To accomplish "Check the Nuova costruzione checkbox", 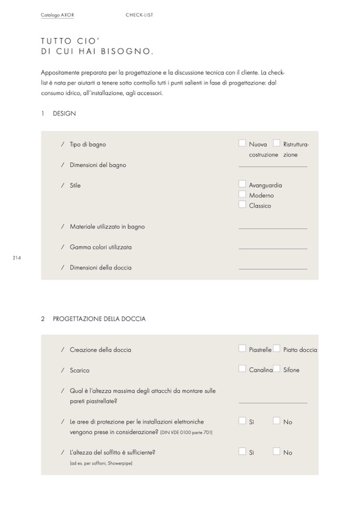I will tap(242, 143).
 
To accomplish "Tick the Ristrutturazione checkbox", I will tap(276, 143).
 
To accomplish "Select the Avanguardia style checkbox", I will tap(242, 184).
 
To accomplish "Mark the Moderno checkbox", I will tap(242, 194).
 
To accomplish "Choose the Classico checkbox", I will tap(242, 204).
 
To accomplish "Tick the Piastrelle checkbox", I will tap(242, 349).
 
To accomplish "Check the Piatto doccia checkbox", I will tap(276, 349).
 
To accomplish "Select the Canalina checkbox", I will tap(242, 369).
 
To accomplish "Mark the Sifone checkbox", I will tap(276, 369).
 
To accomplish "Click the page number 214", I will tap(16, 257).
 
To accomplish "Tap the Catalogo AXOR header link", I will tap(57, 15).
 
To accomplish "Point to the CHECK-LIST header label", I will tap(139, 15).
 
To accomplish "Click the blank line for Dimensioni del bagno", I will tap(273, 166).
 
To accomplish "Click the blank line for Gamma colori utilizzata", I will tap(273, 248).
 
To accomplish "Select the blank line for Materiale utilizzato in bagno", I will tap(273, 228).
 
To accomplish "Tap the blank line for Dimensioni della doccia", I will tap(273, 269).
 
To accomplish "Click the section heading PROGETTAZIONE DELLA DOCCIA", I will tap(99, 319).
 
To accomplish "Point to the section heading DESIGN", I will tap(64, 114).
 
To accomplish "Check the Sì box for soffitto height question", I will tap(242, 452).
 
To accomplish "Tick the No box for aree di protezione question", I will tap(276, 421).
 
